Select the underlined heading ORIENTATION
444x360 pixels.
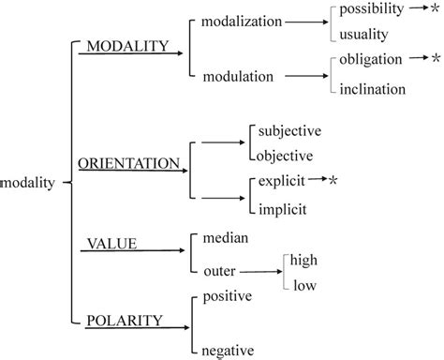click(128, 163)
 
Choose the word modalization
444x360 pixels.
click(248, 21)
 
